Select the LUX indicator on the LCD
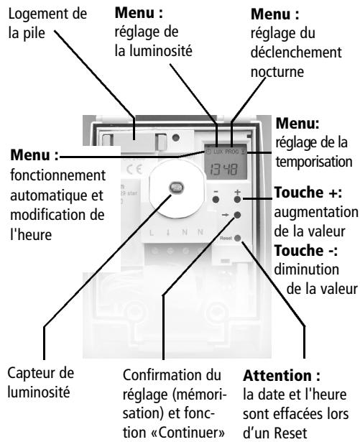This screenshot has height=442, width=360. click(x=216, y=155)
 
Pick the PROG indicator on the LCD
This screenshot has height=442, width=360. click(x=233, y=155)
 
